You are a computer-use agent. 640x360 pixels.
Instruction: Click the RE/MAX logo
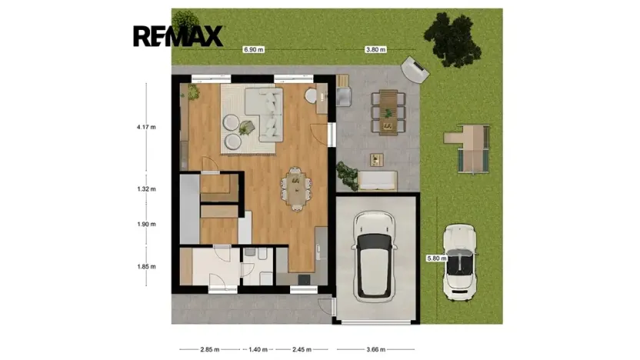[178, 36]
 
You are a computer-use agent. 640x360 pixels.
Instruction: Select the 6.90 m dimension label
[254, 49]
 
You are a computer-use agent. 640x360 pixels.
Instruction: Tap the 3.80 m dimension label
[375, 49]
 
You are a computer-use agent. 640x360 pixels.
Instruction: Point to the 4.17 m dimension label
[146, 127]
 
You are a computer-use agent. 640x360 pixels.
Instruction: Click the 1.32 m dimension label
[146, 189]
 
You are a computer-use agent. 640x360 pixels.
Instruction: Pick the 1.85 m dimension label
[146, 266]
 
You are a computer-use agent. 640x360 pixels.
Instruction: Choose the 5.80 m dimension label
[437, 258]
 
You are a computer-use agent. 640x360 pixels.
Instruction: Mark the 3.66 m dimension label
[376, 349]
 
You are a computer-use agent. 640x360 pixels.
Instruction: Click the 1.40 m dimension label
[258, 349]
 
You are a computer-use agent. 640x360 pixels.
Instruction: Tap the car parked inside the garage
[375, 256]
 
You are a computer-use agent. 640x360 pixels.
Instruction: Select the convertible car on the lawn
[461, 262]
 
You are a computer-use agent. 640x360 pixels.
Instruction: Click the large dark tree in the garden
[452, 39]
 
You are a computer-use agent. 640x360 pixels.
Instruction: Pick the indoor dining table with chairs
[296, 189]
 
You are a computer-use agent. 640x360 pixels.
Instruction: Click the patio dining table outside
[388, 112]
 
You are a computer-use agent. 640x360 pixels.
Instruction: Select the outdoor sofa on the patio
[377, 181]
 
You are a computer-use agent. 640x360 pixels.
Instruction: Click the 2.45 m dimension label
[302, 349]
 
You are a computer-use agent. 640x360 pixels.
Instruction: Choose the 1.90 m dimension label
[146, 224]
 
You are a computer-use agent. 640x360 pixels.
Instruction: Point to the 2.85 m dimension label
[210, 349]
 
